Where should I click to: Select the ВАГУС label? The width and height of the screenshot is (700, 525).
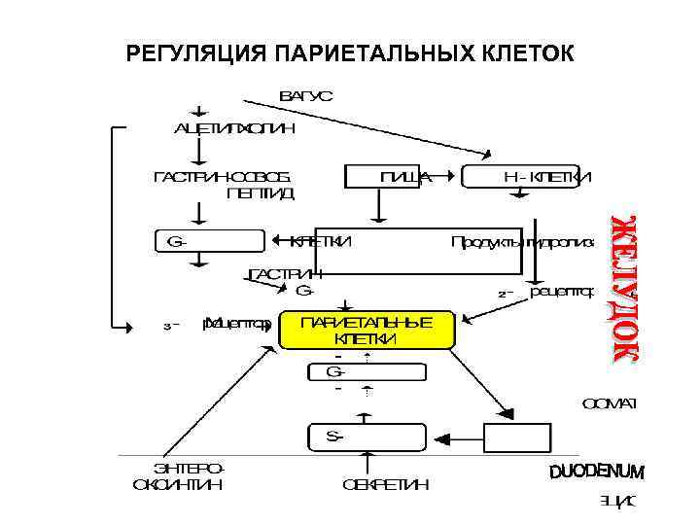click(x=306, y=95)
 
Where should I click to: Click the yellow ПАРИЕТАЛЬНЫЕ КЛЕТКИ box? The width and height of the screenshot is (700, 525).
click(x=367, y=331)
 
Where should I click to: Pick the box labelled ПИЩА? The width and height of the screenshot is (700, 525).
click(x=388, y=176)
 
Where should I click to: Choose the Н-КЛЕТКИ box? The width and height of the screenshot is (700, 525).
click(x=527, y=176)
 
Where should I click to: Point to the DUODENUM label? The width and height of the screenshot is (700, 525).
click(x=596, y=472)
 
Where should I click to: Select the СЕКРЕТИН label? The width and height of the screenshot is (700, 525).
click(x=385, y=484)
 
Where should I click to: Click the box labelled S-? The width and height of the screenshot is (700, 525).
click(x=366, y=437)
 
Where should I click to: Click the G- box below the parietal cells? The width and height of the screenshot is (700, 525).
click(x=366, y=371)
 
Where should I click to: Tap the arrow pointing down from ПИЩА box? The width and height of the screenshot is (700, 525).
click(x=378, y=207)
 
